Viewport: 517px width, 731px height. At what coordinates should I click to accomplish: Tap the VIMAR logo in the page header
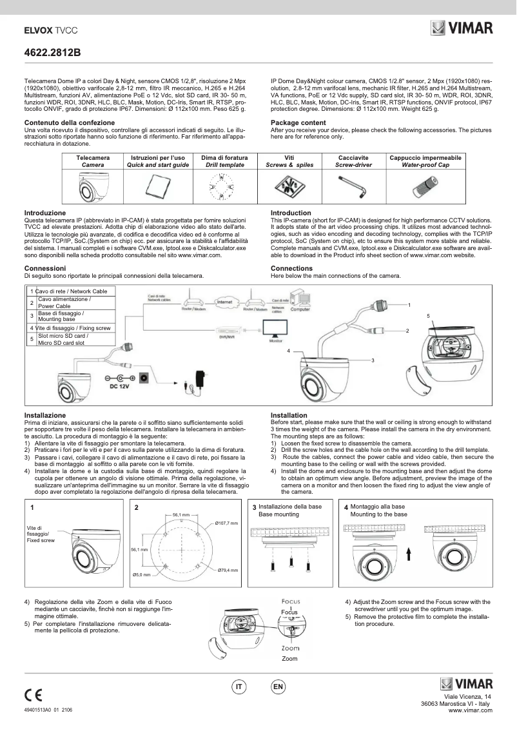pyautogui.click(x=462, y=28)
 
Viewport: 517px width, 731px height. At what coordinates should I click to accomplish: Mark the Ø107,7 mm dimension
pyautogui.click(x=227, y=523)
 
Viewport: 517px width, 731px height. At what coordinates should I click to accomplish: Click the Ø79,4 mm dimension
pyautogui.click(x=228, y=570)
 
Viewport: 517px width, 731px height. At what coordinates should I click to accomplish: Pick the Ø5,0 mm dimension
pyautogui.click(x=142, y=574)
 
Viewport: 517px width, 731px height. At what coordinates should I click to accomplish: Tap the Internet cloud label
pyautogui.click(x=224, y=302)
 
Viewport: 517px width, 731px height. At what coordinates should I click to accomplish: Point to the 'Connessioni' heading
pyautogui.click(x=45, y=268)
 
